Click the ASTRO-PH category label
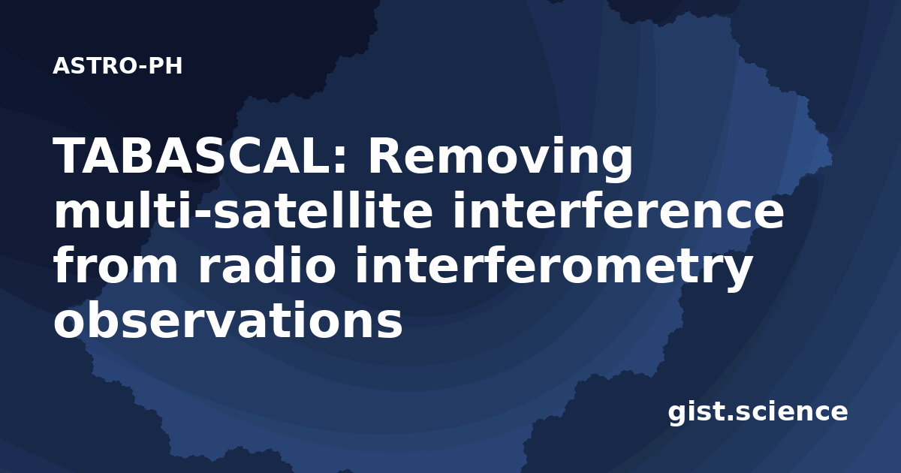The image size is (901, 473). pos(117,66)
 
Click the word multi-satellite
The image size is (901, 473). pos(243,210)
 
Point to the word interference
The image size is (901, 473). pos(619,210)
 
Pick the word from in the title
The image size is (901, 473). pos(116,265)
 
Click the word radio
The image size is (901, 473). pos(267,265)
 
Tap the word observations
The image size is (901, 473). pos(228,320)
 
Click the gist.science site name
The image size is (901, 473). pos(758,413)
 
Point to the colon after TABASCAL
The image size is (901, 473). pos(340,160)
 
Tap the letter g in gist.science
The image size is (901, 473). pos(678,415)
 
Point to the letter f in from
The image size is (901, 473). pos(65,264)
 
